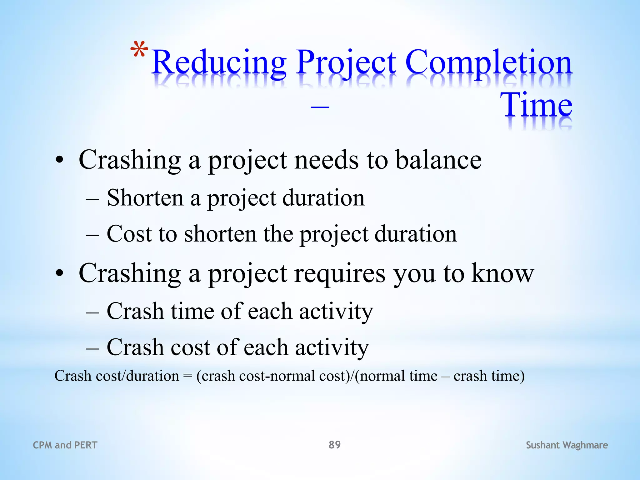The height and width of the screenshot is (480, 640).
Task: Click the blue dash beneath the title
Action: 320,107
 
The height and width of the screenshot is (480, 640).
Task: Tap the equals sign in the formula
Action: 187,376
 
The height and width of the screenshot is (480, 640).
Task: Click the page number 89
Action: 334,444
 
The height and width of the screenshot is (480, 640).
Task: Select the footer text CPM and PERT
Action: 65,445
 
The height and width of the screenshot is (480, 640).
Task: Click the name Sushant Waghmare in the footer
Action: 567,445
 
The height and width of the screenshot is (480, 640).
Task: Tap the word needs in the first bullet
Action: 327,160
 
